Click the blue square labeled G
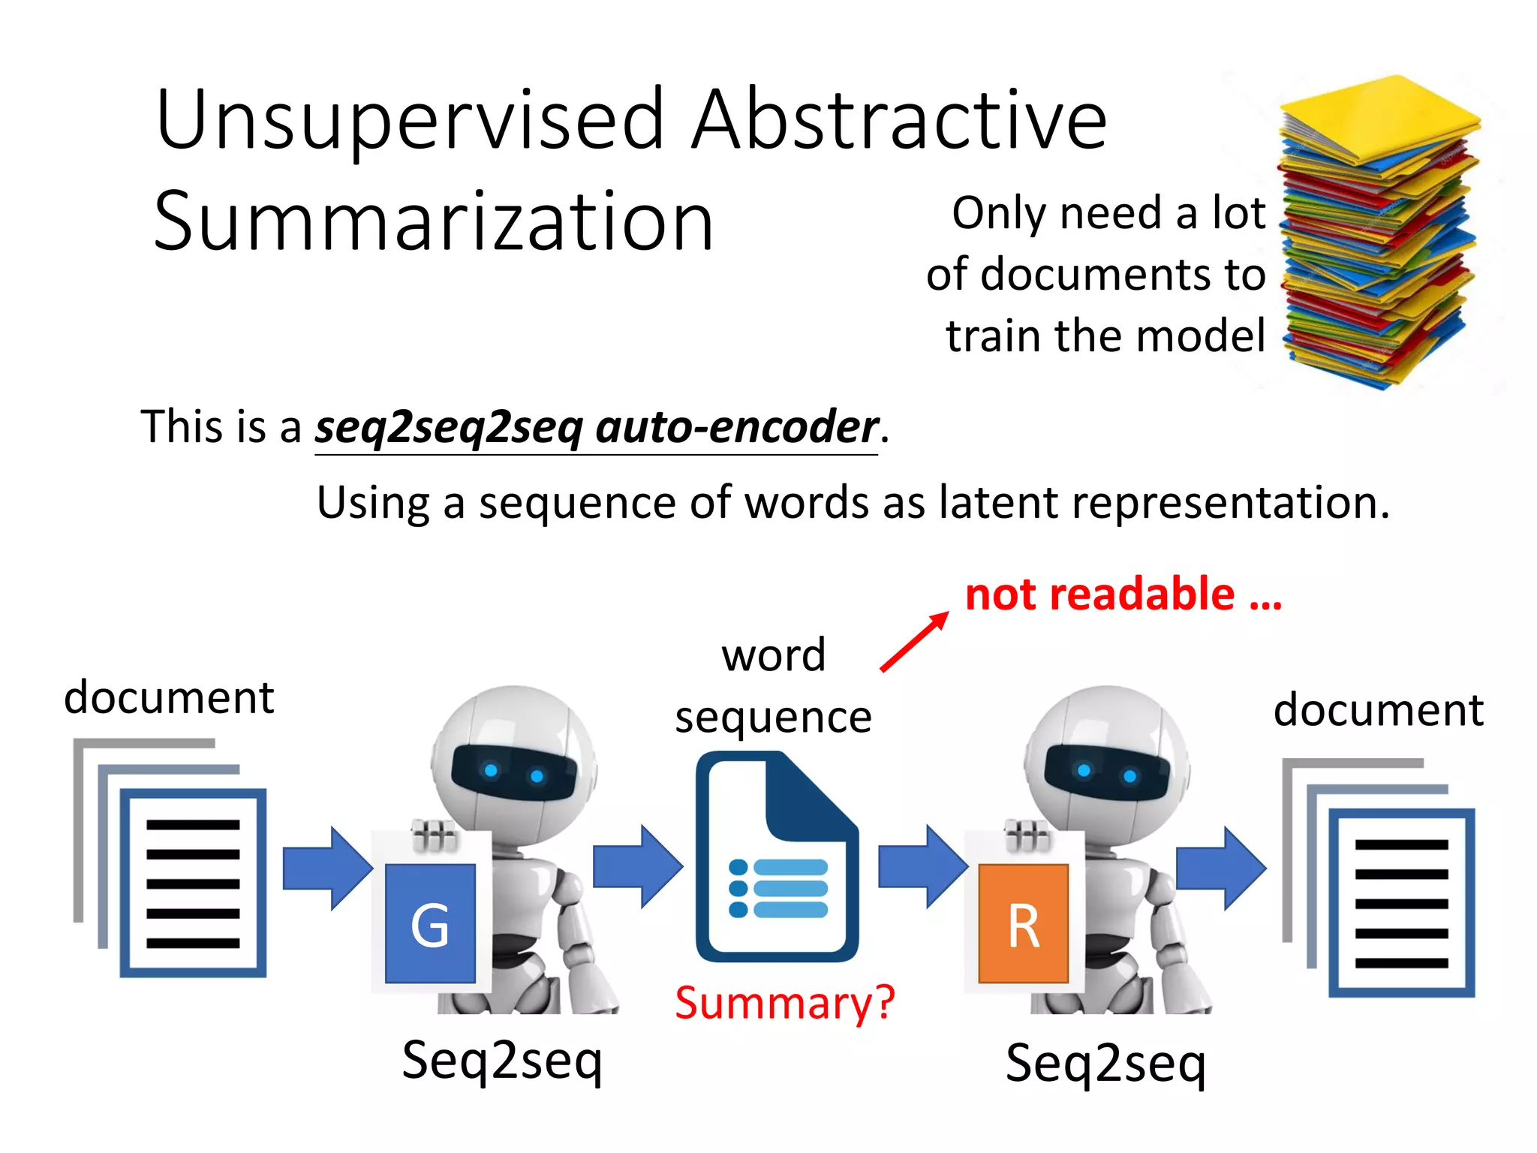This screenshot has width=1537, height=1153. pos(430,923)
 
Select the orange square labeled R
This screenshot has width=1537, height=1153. pos(1024,923)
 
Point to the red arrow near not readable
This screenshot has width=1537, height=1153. pos(914,642)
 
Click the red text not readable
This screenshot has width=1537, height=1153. pos(1123,595)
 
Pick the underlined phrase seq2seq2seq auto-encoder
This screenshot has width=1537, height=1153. pos(596,427)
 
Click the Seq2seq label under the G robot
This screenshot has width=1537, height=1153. pos(502,1060)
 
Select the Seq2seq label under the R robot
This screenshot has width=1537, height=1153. pos(1105,1063)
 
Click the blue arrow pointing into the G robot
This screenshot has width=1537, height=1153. pos(327,869)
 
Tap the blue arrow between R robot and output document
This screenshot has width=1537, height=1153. pos(1220,869)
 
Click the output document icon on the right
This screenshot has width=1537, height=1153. pos(1379,878)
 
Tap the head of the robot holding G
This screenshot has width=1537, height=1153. pos(514,758)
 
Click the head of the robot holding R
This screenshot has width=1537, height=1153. pos(1107,758)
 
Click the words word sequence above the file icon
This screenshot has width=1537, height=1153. pos(773,685)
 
